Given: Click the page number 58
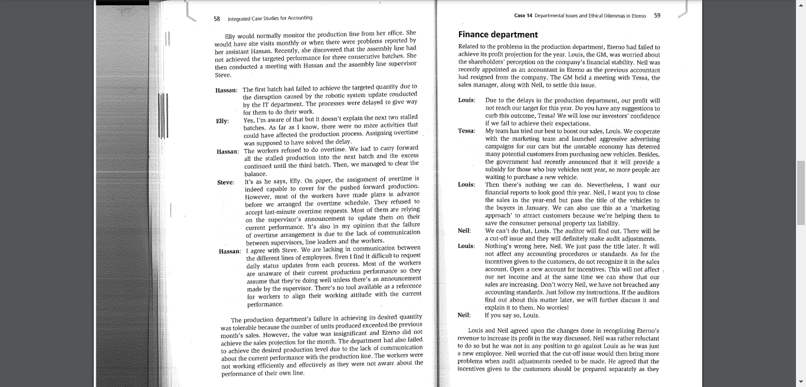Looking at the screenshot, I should point(217,18).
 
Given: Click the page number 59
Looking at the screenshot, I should point(657,16).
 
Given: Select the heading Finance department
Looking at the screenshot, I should point(498,35).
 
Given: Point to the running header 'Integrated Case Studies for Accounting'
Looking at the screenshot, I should point(270,18).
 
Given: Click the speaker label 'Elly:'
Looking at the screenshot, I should point(222,121).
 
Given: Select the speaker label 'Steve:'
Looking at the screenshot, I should point(225,183).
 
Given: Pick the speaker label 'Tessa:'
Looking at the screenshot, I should point(467,131).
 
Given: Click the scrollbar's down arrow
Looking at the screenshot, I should point(801,382).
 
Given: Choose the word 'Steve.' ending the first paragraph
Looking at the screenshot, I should point(223,75).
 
